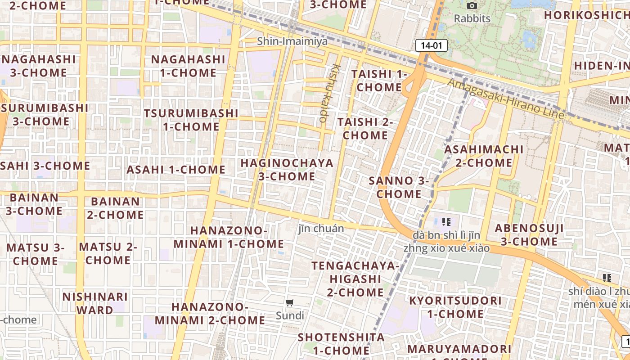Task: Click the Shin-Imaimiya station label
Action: (x=292, y=41)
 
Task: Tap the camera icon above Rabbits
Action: (x=472, y=5)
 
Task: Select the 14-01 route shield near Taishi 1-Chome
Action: (x=431, y=45)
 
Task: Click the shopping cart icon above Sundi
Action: (x=290, y=303)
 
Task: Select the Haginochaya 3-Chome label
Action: (x=287, y=170)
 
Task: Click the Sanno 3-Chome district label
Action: (x=399, y=187)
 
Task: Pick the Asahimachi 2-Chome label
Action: (x=484, y=156)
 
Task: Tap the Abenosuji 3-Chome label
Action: (x=529, y=235)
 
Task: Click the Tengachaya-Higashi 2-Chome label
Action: (x=355, y=279)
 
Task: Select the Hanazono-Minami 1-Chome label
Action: (x=229, y=237)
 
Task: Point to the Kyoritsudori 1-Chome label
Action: (x=455, y=307)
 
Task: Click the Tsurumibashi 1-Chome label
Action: (x=191, y=120)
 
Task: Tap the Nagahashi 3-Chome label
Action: (x=39, y=66)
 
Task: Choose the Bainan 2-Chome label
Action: (x=115, y=208)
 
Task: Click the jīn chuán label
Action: (x=321, y=229)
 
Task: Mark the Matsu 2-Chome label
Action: (x=108, y=253)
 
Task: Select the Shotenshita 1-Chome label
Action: (x=341, y=344)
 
